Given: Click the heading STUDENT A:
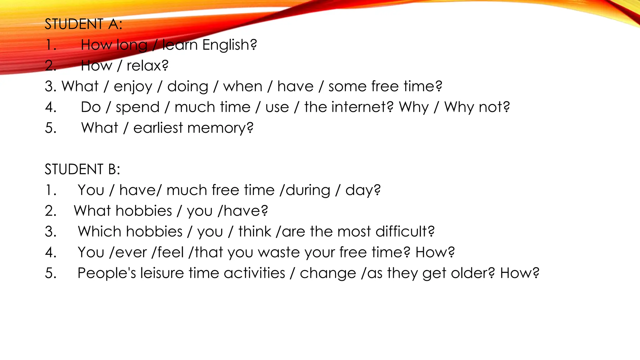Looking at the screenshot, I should click(83, 24).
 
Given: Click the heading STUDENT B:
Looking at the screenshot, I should click(82, 169).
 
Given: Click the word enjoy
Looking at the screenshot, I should click(133, 87).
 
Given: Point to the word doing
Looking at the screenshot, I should click(187, 87).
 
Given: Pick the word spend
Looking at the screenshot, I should click(137, 107).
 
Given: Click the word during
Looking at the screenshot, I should click(308, 190).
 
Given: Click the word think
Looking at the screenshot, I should click(255, 232).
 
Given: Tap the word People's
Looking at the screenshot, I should click(107, 273).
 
